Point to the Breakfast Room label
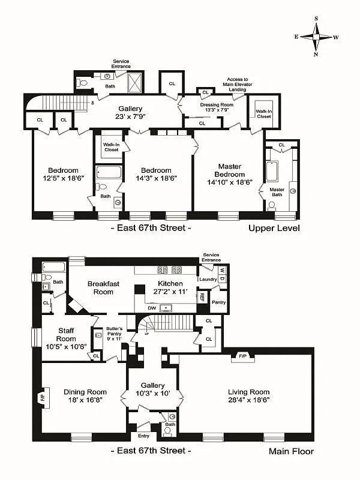pyautogui.click(x=100, y=287)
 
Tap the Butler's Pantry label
pyautogui.click(x=114, y=331)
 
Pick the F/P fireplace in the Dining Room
pyautogui.click(x=43, y=397)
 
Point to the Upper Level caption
pyautogui.click(x=274, y=229)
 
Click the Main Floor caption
pyautogui.click(x=290, y=451)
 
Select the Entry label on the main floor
pyautogui.click(x=143, y=436)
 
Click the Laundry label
pyautogui.click(x=208, y=279)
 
